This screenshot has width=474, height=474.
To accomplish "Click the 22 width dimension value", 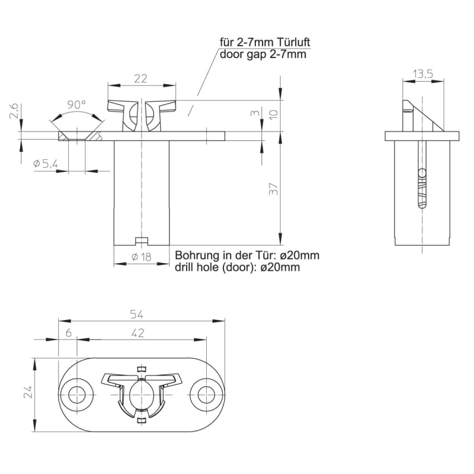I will click(140, 78).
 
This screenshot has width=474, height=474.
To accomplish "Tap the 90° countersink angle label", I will click(76, 105).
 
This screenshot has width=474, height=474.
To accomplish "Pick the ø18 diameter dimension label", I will click(140, 257).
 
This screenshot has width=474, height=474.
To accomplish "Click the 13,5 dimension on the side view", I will click(423, 73).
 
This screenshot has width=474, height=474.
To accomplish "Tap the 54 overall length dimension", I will click(140, 314).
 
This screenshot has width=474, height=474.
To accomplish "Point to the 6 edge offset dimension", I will click(69, 333).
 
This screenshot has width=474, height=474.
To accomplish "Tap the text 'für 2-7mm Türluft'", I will click(265, 43).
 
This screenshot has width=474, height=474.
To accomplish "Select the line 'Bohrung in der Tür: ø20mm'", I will click(246, 255).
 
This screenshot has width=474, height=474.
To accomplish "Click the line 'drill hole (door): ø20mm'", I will click(237, 267).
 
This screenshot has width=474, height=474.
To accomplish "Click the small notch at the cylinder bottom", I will click(140, 241).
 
